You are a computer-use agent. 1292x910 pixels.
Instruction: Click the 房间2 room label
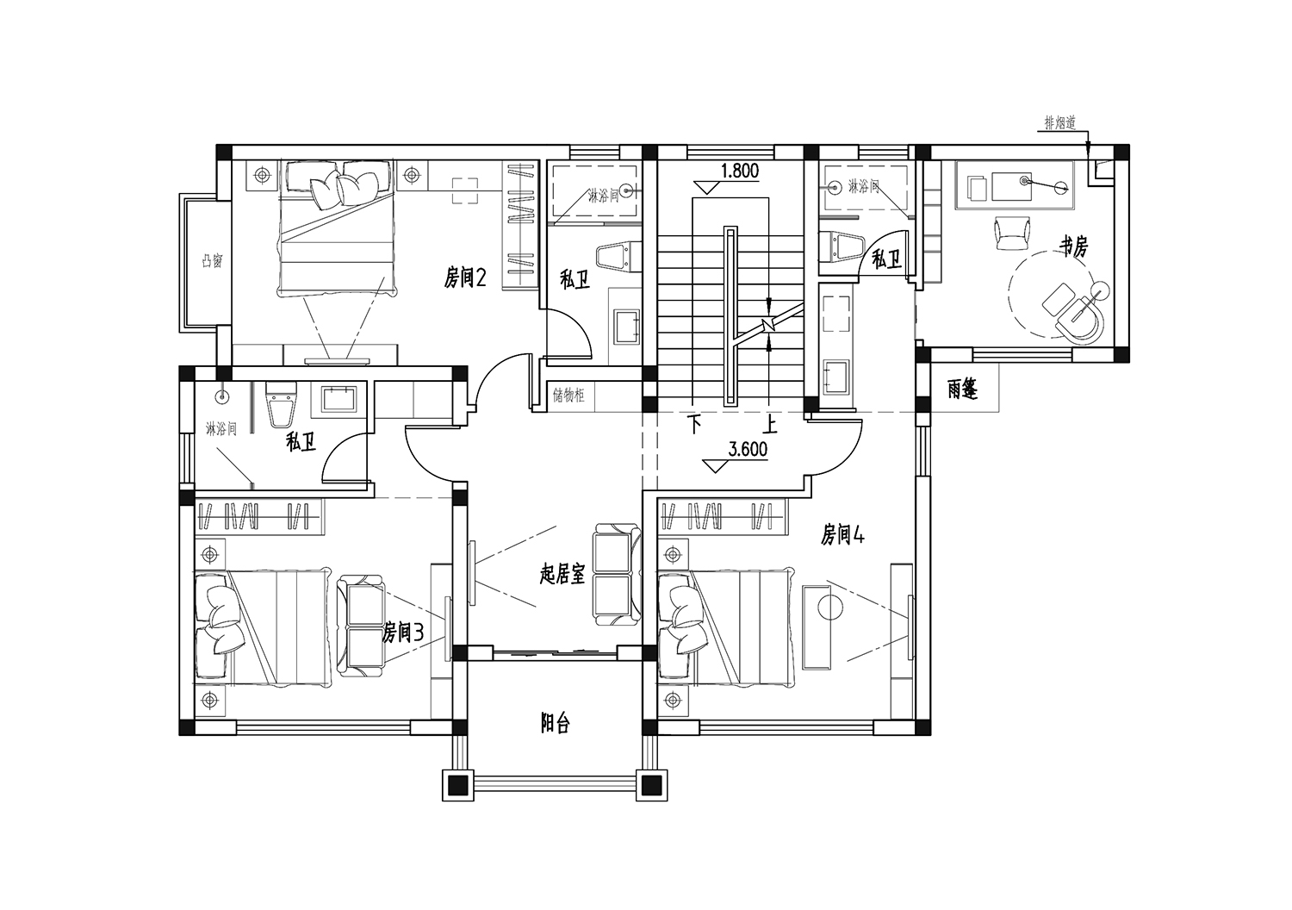(x=464, y=278)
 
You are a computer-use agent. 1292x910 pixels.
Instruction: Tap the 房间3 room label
(x=403, y=633)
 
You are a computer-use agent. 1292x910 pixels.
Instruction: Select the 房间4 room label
(x=842, y=535)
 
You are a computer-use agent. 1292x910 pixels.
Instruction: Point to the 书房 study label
(x=1072, y=246)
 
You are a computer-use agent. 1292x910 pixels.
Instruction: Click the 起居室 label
(x=562, y=574)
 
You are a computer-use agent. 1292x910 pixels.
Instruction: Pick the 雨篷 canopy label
(x=962, y=390)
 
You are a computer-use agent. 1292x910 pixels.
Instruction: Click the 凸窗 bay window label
(x=212, y=261)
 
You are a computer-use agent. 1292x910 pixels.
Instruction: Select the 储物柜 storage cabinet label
(x=568, y=396)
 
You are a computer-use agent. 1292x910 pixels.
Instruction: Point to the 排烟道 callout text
(x=1060, y=123)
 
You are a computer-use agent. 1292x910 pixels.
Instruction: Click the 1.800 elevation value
(x=740, y=171)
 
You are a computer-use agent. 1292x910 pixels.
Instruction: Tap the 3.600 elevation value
(x=748, y=449)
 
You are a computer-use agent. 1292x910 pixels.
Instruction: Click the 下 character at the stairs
(x=694, y=425)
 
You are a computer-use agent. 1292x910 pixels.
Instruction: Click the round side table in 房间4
(x=831, y=608)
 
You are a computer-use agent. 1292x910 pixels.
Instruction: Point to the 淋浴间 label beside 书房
(x=863, y=186)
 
